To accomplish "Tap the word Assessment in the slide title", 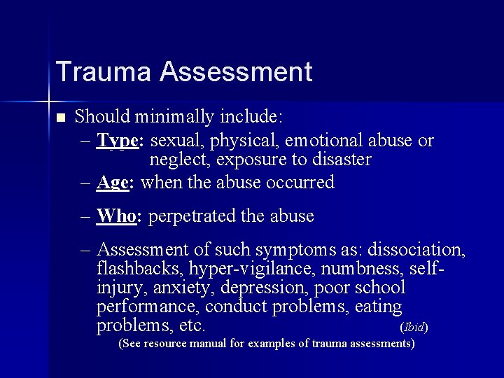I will [x=235, y=72].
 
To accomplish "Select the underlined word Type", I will [x=119, y=141].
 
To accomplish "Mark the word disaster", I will [x=342, y=160].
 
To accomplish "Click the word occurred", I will [x=299, y=183].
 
